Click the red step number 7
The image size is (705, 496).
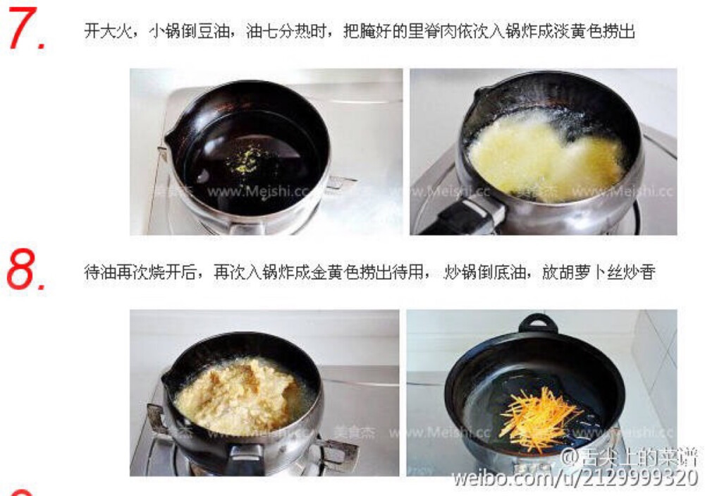[26, 30]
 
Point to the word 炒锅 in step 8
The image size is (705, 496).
[458, 272]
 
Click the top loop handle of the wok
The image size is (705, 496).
[538, 324]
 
